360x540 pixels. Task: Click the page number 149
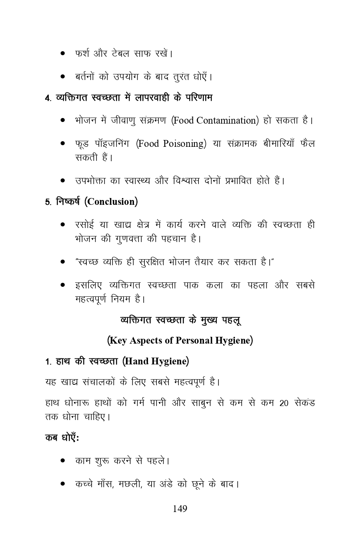[x=180, y=509]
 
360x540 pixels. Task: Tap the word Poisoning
[x=184, y=144]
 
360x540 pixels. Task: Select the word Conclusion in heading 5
[x=111, y=202]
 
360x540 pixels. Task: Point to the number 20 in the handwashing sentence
[x=284, y=403]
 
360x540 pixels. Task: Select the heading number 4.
[x=47, y=98]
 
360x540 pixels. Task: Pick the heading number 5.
[x=47, y=202]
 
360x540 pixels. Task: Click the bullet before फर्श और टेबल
[x=63, y=53]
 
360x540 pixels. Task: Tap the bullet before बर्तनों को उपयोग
[x=63, y=76]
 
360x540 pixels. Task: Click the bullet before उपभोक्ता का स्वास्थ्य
[x=63, y=181]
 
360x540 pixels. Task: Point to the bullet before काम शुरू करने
[x=63, y=461]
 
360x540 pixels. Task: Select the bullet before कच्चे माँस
[x=63, y=484]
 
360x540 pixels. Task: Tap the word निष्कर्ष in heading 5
[x=68, y=201]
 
